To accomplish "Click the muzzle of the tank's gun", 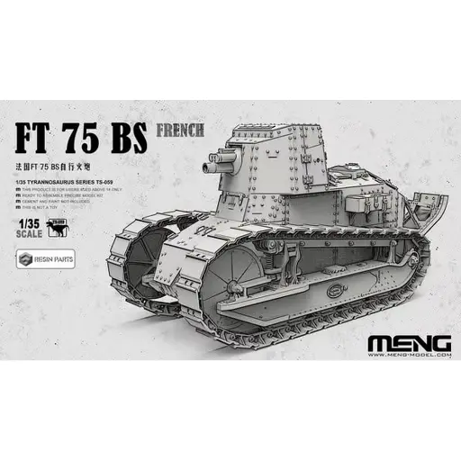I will pos(209,167).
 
